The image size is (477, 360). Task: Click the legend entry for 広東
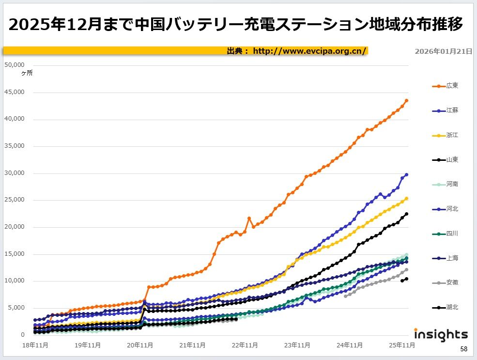[x=445, y=86]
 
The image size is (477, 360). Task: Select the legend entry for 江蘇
[x=445, y=110]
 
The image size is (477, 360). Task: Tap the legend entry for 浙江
[x=445, y=135]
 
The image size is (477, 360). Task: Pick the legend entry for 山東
[x=445, y=159]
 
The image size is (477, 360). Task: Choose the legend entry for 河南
[x=445, y=184]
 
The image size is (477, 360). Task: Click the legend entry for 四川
[x=445, y=234]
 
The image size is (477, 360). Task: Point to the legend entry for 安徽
[x=445, y=282]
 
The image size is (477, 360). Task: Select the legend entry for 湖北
[x=445, y=307]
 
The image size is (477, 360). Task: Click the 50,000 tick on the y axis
[x=14, y=65]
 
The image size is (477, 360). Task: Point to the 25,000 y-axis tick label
[x=14, y=200]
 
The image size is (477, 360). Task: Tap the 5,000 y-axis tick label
[x=15, y=308]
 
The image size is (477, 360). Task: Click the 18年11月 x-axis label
[x=35, y=345]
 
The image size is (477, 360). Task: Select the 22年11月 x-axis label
[x=245, y=345]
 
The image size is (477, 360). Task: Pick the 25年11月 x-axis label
[x=401, y=345]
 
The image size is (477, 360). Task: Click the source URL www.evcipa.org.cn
[x=309, y=51]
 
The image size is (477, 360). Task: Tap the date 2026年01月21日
[x=444, y=51]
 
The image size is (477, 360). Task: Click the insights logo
[x=441, y=334]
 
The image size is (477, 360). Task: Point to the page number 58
[x=463, y=349]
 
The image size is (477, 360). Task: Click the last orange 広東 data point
[x=406, y=100]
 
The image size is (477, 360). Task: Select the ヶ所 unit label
[x=27, y=73]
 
